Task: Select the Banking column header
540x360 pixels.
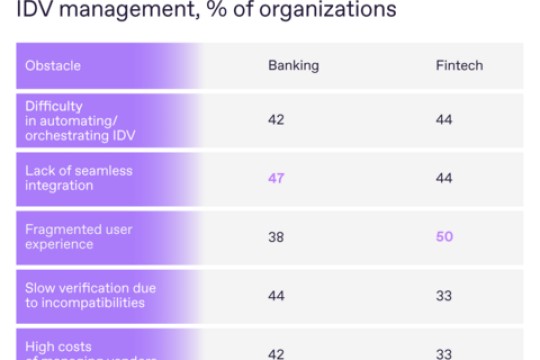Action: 293,66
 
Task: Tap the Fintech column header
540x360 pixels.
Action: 458,66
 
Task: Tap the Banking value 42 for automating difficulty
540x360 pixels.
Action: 276,120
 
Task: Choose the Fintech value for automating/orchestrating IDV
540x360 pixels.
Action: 443,120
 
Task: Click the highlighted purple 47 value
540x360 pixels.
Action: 276,178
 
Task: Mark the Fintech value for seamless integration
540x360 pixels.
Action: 443,178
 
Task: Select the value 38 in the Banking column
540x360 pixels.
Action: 276,237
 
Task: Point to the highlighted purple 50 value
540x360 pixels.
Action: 443,237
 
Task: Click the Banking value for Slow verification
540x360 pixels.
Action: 276,296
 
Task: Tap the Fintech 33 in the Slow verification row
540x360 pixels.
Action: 443,296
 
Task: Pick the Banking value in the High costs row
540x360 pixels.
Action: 276,352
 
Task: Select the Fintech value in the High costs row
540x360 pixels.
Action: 443,352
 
